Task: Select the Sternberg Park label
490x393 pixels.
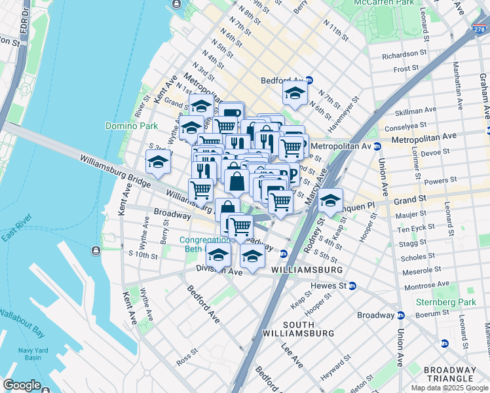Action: click(x=445, y=303)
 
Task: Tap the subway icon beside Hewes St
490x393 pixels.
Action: click(x=352, y=286)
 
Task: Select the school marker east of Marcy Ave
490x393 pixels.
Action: click(x=331, y=199)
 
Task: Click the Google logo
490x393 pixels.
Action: click(x=22, y=384)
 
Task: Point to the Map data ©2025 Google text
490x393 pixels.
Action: click(x=449, y=388)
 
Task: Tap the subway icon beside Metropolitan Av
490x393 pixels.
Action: click(x=377, y=145)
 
